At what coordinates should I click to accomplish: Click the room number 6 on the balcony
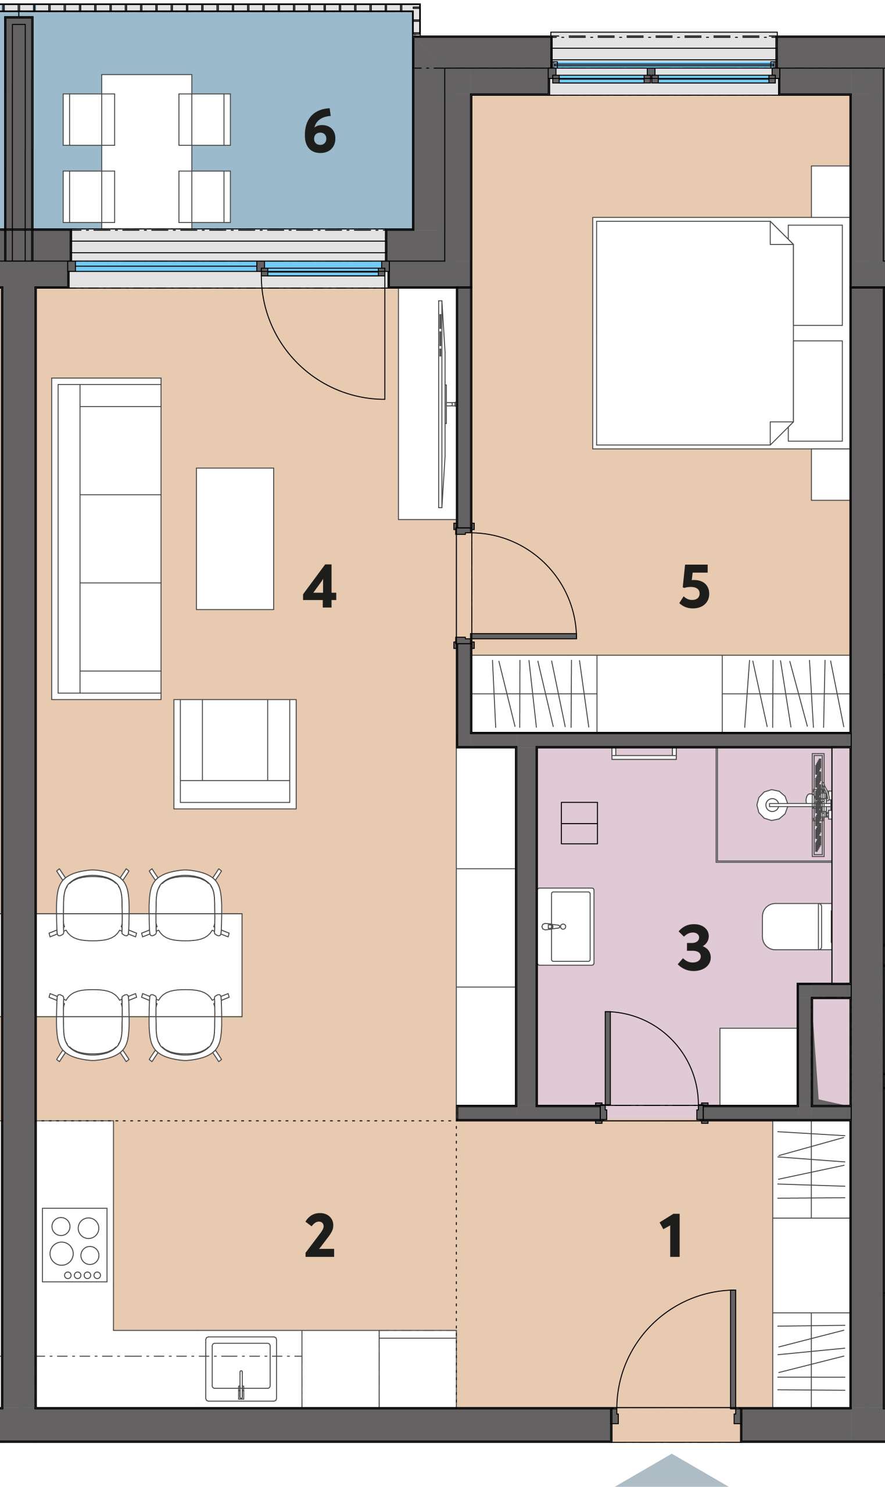pos(320,131)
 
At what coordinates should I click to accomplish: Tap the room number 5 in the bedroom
pos(695,587)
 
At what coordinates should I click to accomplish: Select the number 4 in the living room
pos(320,587)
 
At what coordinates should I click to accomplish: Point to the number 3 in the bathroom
pos(694,947)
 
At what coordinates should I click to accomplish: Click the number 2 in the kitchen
pos(320,1235)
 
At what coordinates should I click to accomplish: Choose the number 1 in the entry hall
pos(671,1235)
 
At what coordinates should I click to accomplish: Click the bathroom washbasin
pos(566,927)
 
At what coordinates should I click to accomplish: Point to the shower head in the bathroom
pos(772,805)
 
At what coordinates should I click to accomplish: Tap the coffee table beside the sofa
pos(235,539)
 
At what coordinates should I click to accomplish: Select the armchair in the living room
pos(235,754)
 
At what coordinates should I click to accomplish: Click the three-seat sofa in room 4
pos(107,539)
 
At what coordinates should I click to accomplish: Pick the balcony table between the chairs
pos(146,152)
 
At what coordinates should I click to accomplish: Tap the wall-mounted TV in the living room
pos(442,404)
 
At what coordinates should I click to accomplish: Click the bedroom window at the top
pos(664,71)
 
